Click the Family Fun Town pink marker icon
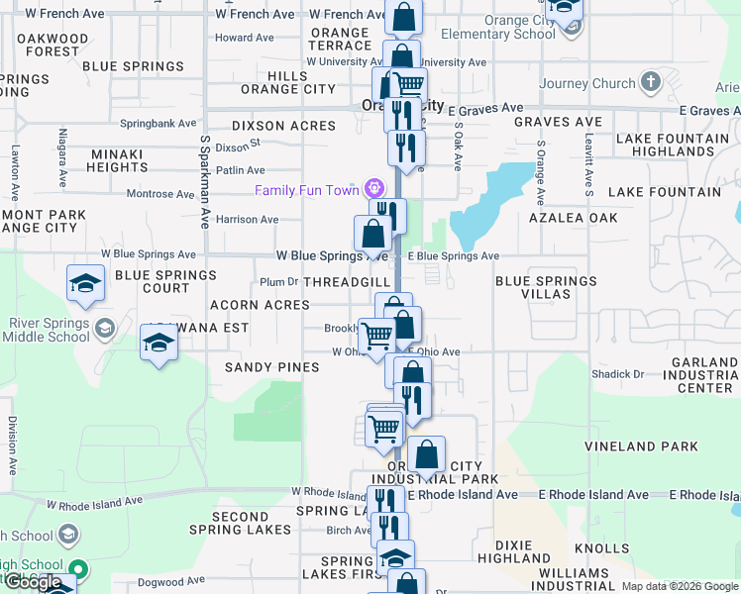tap(373, 187)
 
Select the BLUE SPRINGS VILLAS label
tap(546, 287)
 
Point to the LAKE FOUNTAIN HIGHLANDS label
tap(666, 145)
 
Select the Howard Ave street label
tap(244, 38)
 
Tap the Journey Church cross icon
tap(650, 81)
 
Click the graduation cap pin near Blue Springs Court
tap(86, 283)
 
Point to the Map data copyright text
tap(679, 586)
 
